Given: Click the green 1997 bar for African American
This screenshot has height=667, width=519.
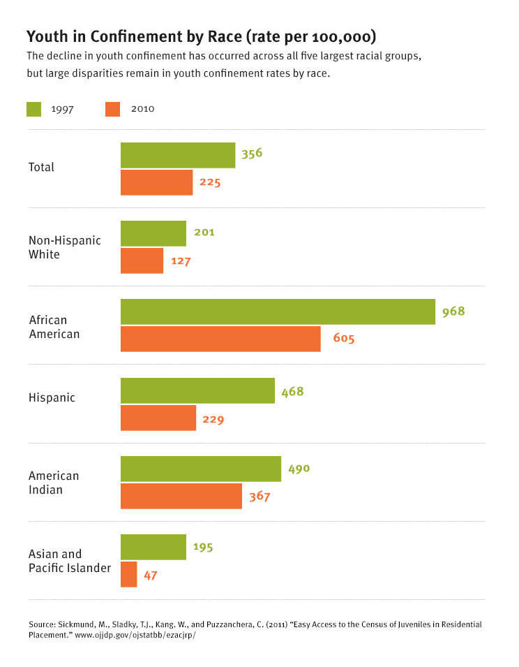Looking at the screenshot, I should (x=278, y=311).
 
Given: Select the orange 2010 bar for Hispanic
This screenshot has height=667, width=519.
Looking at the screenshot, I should (x=158, y=418).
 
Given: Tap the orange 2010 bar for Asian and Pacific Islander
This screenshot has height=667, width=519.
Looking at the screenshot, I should (x=129, y=574).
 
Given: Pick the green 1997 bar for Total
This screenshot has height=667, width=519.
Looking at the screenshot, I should (x=178, y=155).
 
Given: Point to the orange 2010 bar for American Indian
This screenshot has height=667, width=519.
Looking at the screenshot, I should (x=181, y=496).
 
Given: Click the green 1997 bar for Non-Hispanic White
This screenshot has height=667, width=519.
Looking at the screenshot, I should (x=153, y=233).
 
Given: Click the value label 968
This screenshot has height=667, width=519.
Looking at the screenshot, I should (x=453, y=311).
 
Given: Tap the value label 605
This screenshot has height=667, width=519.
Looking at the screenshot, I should (x=343, y=339).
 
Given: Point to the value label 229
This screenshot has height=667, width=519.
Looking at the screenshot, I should (x=213, y=419).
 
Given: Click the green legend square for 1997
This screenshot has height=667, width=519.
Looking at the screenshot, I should (x=34, y=109).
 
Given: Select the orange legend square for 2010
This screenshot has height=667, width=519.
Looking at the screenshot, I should (x=113, y=109).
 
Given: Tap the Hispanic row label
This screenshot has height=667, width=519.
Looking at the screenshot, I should (x=52, y=397).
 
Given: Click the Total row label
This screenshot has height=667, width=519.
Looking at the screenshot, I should (x=41, y=168).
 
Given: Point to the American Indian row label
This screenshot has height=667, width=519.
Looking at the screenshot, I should (x=54, y=483).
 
